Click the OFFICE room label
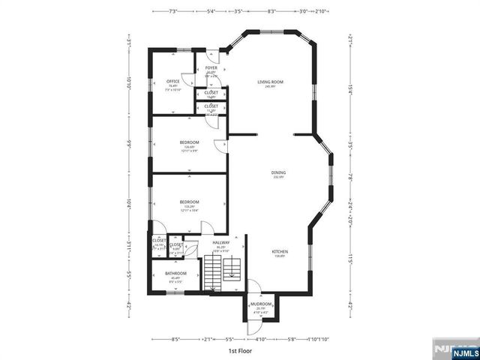click(172, 82)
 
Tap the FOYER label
click(211, 67)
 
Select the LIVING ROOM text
click(270, 81)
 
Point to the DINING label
click(279, 172)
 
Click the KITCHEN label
click(279, 252)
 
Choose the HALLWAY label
click(220, 242)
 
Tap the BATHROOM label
click(177, 274)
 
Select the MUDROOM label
click(261, 304)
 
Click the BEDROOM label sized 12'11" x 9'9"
click(189, 142)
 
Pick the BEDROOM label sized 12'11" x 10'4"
click(189, 202)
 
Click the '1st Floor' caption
click(239, 350)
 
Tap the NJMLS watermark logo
click(455, 349)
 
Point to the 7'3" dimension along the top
click(173, 11)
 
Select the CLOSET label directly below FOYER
click(211, 93)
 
